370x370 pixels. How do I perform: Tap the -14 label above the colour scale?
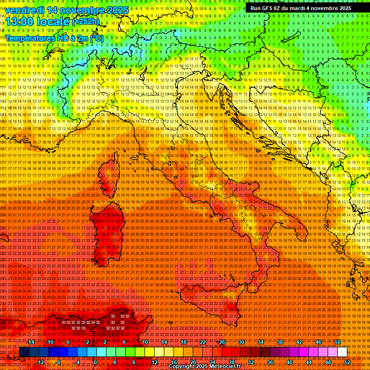31,342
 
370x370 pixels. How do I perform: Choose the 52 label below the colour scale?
347,362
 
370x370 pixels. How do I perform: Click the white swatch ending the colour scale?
342,352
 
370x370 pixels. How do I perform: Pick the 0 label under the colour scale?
95,362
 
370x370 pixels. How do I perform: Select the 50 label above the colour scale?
337,342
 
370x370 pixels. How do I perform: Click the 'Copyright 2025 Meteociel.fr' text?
204,367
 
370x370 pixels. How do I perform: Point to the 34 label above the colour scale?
260,342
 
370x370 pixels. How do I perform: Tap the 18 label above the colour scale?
183,342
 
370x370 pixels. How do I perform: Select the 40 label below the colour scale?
289,362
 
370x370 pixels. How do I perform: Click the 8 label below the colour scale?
133,362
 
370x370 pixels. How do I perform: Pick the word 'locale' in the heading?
53,22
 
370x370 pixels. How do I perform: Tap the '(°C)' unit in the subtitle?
96,38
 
